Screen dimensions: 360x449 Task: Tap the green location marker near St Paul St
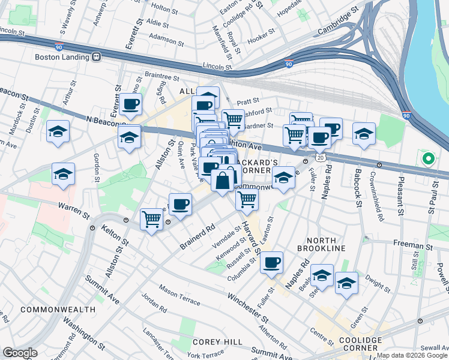[x=428, y=160]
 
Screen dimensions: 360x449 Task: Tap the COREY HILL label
[x=218, y=341]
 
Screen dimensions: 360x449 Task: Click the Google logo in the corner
[x=19, y=353]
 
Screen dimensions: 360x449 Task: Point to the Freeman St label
[x=414, y=244]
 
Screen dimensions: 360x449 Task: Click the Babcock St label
[x=358, y=191]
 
